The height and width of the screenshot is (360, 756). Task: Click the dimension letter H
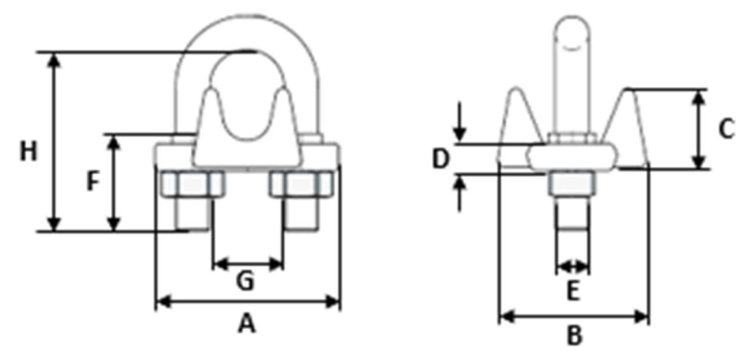(x=28, y=151)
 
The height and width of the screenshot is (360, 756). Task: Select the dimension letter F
(x=93, y=182)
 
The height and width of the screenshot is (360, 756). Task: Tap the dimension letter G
(x=245, y=281)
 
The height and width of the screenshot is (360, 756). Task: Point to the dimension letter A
(x=246, y=323)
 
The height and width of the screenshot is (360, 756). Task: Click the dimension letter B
(x=574, y=335)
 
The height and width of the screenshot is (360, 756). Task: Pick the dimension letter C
(x=726, y=129)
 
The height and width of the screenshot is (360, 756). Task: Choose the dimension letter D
(x=440, y=160)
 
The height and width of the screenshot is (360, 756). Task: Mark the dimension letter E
(x=572, y=291)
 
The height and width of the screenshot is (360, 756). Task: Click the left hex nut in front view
(x=192, y=184)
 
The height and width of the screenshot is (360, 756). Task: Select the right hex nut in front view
(x=302, y=184)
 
